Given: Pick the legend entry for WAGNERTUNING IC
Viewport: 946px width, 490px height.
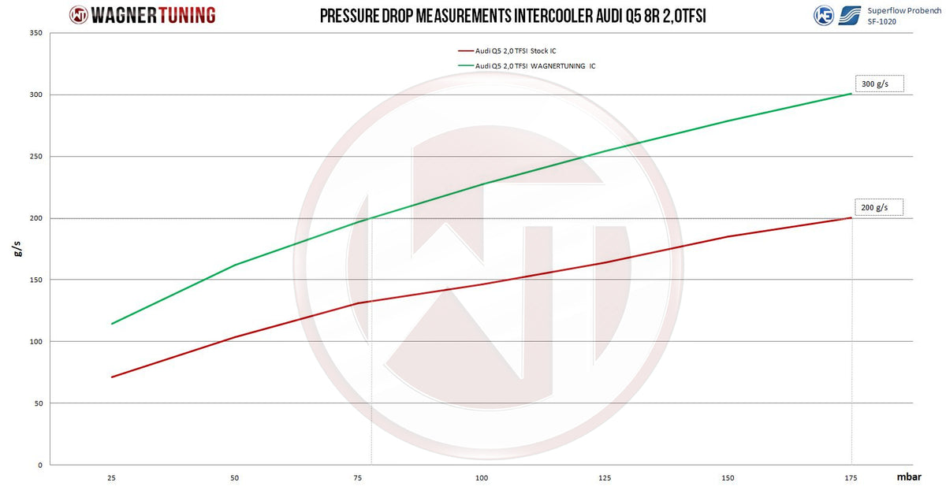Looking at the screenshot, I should click(535, 66).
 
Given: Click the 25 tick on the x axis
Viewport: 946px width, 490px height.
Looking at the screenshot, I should click(111, 477).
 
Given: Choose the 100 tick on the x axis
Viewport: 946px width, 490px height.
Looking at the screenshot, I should click(482, 477).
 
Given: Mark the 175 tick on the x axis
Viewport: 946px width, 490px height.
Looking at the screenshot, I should click(851, 477).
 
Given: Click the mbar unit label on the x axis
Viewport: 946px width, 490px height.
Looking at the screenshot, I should click(907, 477).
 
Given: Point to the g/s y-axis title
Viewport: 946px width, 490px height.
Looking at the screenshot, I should click(16, 250).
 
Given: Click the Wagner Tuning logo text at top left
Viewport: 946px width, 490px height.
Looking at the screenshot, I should click(142, 15).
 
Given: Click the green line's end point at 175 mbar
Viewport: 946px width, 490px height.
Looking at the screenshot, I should click(851, 94).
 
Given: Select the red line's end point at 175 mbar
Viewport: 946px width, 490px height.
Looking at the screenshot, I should click(851, 217).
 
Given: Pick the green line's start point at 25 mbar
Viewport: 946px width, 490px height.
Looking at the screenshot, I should click(112, 324).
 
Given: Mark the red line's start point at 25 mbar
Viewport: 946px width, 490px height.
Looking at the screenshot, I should click(112, 377).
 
